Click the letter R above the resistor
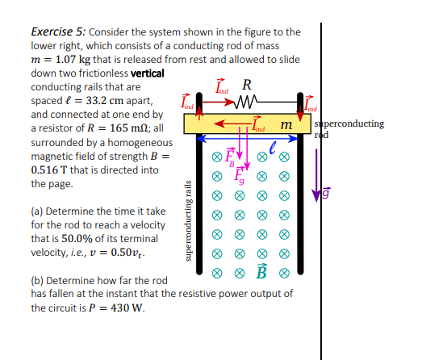coord(247,85)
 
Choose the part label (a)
coord(39,211)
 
